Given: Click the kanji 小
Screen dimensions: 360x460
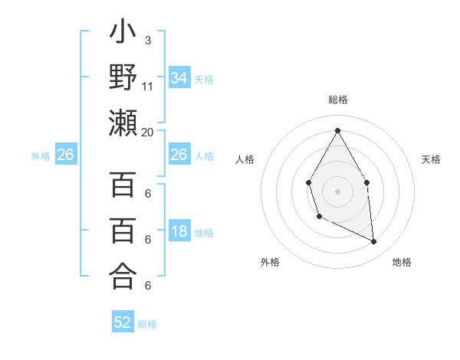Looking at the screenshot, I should [123, 34].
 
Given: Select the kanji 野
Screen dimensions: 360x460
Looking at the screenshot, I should [123, 78].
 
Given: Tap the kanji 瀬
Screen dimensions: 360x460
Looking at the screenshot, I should [123, 123].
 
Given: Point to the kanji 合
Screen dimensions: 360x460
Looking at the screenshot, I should [123, 275].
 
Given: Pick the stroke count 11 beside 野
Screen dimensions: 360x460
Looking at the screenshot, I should [148, 85].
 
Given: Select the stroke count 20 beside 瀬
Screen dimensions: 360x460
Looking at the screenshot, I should [148, 132].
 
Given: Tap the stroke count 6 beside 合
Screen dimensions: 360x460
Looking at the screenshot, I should [147, 286].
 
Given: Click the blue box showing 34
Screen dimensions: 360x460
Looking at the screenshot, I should [179, 77].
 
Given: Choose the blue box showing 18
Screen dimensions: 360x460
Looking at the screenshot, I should [179, 232].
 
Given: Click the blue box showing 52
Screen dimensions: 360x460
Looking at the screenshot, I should [123, 322].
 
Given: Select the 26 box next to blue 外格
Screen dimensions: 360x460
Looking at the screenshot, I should [65, 155].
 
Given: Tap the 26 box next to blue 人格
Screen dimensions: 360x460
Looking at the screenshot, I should [179, 155].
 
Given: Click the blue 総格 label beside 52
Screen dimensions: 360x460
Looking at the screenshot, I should [147, 324].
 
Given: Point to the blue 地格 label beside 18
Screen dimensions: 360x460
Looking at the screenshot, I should [204, 233].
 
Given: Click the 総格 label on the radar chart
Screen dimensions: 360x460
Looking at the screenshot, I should [337, 100].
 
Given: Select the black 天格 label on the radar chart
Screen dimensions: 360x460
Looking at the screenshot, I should [431, 159].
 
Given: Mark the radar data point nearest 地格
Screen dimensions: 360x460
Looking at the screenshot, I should [374, 242].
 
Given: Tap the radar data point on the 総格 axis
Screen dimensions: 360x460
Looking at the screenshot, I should [337, 129].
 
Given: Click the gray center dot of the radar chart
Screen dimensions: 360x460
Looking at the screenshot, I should [337, 190].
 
